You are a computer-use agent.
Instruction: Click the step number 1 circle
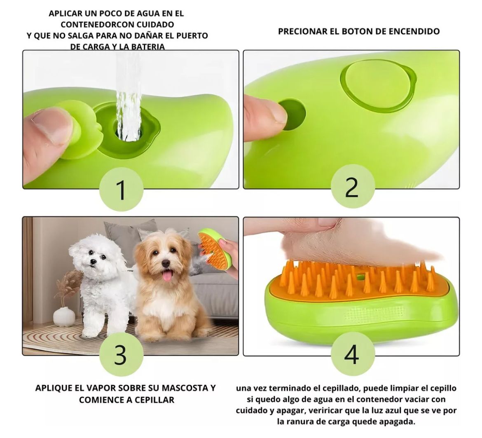(x=122, y=190)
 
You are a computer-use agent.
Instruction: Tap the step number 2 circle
(x=353, y=186)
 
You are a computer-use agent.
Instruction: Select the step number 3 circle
(x=122, y=354)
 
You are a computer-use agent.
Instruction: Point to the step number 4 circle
(x=353, y=354)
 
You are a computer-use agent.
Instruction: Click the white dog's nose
(x=93, y=262)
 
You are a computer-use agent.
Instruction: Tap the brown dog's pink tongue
(x=167, y=275)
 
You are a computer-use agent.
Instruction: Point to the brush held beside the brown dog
(x=214, y=248)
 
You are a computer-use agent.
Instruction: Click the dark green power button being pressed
(x=292, y=115)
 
